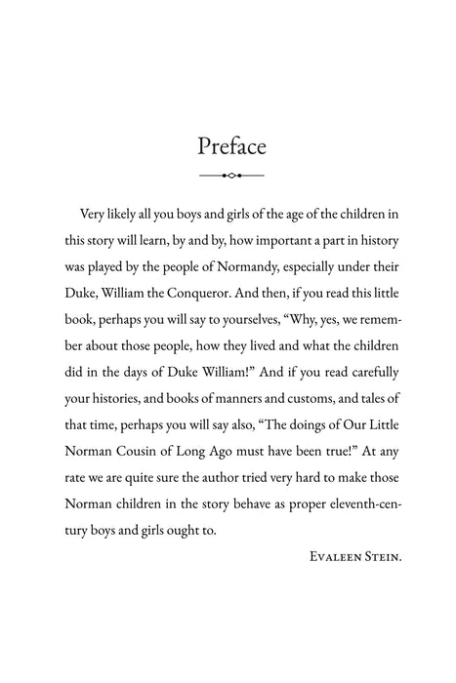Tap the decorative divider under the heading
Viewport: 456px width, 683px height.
point(231,176)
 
